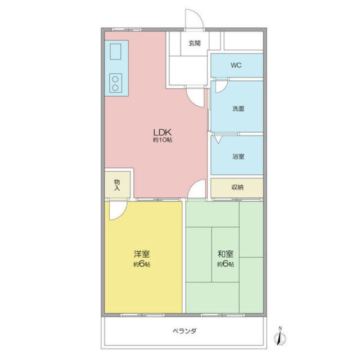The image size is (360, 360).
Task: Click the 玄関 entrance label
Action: [x=195, y=43]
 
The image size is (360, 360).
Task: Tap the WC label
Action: [x=236, y=65]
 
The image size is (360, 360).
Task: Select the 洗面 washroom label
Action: [x=237, y=109]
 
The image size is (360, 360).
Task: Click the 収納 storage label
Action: [x=237, y=188]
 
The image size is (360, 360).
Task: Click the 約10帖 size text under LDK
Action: [x=162, y=139]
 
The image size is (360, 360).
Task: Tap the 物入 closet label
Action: [x=117, y=185]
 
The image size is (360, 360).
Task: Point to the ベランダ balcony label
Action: [x=184, y=331]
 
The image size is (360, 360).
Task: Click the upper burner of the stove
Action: [x=116, y=79]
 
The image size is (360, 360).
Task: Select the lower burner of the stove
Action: [x=116, y=88]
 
